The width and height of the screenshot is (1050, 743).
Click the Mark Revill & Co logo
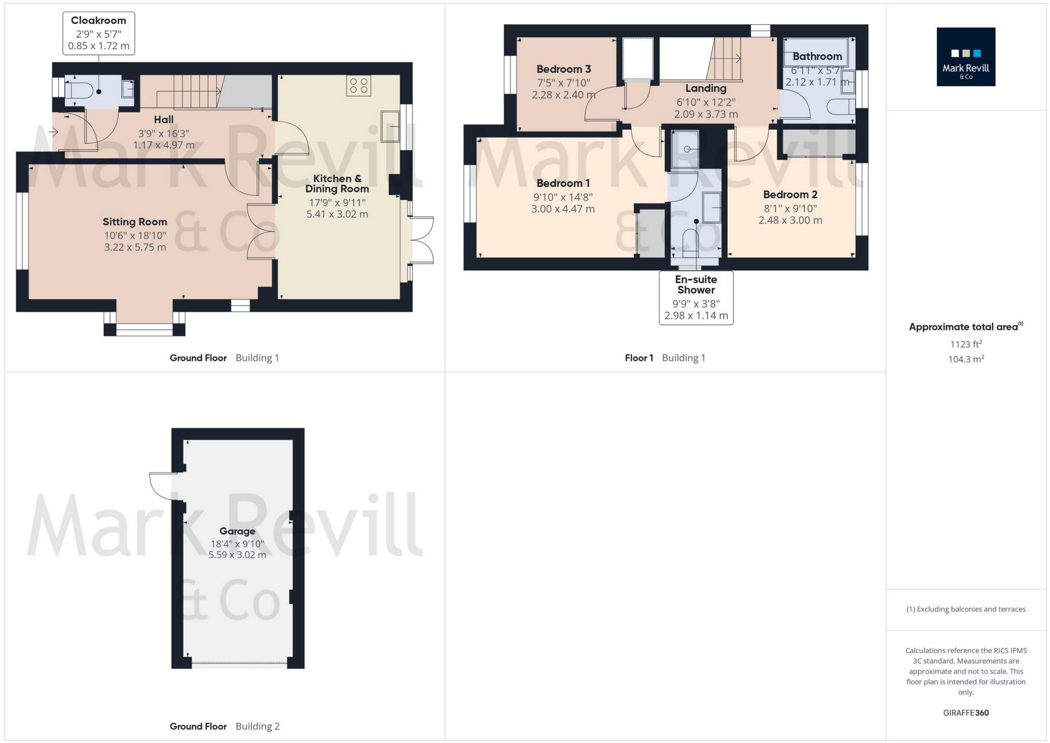pyautogui.click(x=965, y=57)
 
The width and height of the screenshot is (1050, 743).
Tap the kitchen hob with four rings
pyautogui.click(x=359, y=86)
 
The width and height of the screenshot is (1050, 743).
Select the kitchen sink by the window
pyautogui.click(x=390, y=126)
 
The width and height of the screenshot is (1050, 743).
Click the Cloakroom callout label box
pyautogui.click(x=99, y=33)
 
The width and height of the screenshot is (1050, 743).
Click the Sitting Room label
pyautogui.click(x=135, y=222)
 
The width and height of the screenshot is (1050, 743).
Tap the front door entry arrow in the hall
pyautogui.click(x=53, y=132)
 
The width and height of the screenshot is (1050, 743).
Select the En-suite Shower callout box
pyautogui.click(x=696, y=298)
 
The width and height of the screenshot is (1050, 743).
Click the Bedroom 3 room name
pyautogui.click(x=563, y=69)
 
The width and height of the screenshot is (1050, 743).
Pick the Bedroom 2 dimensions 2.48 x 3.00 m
pyautogui.click(x=790, y=220)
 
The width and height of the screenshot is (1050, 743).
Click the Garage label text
pyautogui.click(x=237, y=531)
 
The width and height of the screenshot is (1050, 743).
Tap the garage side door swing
pyautogui.click(x=162, y=486)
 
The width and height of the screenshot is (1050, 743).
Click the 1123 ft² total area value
pyautogui.click(x=965, y=344)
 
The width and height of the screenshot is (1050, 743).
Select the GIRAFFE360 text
pyautogui.click(x=965, y=712)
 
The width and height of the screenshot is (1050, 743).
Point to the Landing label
pyautogui.click(x=706, y=88)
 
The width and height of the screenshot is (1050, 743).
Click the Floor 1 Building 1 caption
pyautogui.click(x=665, y=357)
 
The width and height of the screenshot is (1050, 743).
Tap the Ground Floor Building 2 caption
pyautogui.click(x=224, y=726)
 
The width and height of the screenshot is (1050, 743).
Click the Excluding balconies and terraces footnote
pyautogui.click(x=965, y=609)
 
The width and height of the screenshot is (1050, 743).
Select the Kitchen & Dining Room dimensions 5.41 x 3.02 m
pyautogui.click(x=337, y=214)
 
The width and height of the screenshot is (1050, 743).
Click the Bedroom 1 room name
pyautogui.click(x=563, y=183)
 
